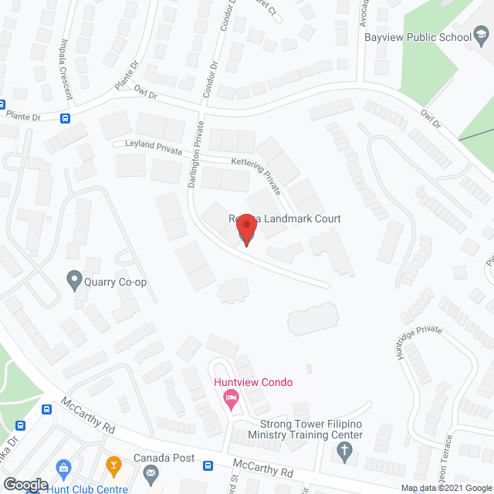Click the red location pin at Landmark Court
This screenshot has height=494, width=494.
(245, 228)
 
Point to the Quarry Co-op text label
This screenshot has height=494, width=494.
(117, 282)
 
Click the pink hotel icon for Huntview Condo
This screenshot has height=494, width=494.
(230, 399)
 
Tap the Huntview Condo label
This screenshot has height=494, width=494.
(253, 382)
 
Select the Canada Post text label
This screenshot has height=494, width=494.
(164, 458)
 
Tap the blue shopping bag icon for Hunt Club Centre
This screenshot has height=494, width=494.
(63, 467)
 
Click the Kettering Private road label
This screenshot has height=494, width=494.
(257, 174)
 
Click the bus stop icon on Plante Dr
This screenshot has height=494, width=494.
(66, 118)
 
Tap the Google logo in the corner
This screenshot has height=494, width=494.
(25, 484)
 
